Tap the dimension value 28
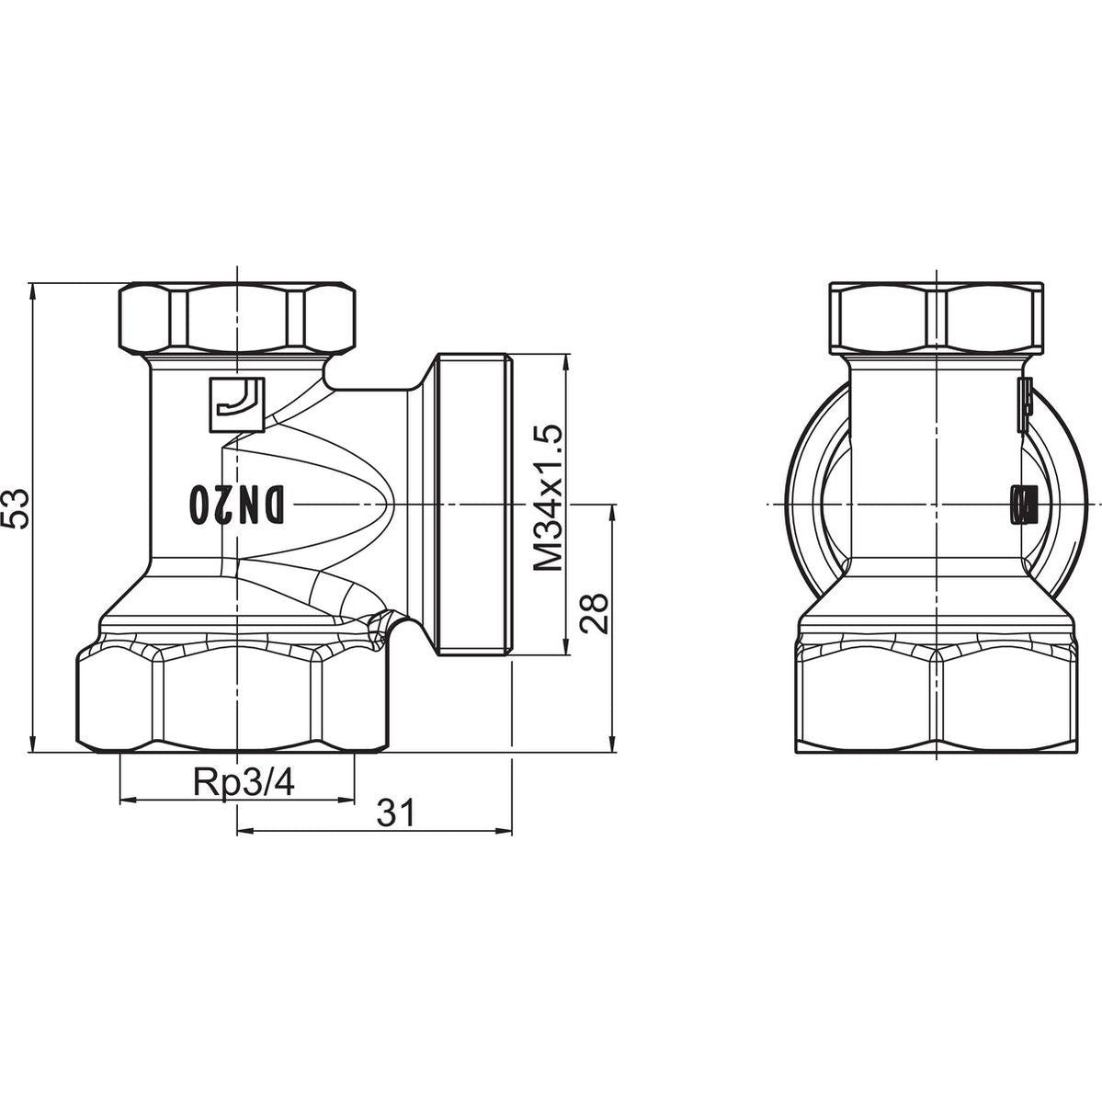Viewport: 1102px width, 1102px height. (595, 614)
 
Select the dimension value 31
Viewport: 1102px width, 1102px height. (396, 813)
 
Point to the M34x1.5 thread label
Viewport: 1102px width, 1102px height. (549, 497)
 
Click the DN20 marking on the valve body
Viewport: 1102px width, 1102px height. (238, 505)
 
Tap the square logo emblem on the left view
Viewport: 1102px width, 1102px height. (237, 404)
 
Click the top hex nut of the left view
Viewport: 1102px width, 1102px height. (237, 318)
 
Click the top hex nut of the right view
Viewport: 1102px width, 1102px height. (936, 318)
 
